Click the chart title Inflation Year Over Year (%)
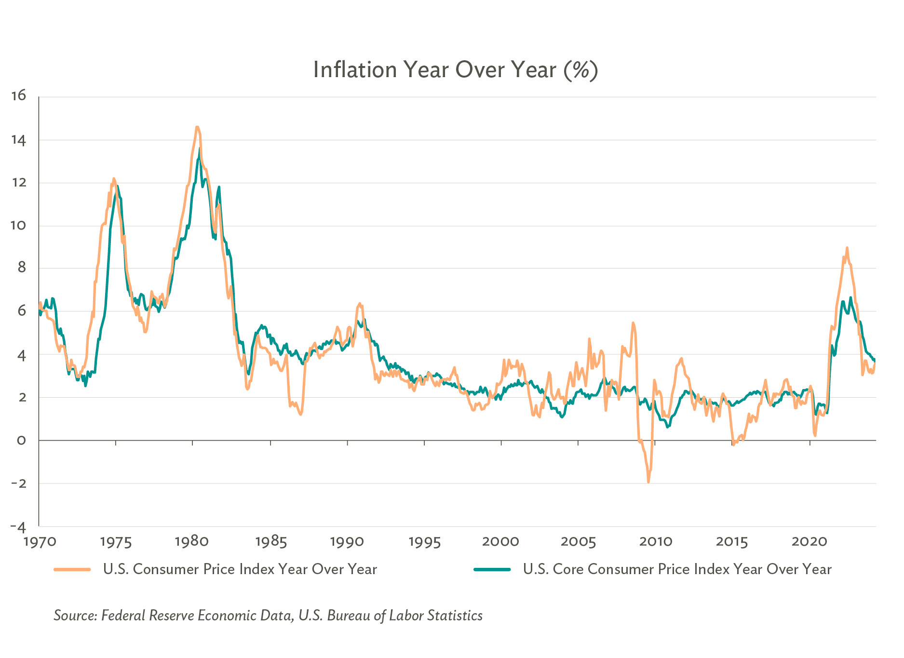click(455, 70)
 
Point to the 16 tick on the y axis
click(19, 96)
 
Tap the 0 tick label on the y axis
click(21, 440)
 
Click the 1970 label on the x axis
click(40, 542)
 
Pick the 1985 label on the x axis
click(271, 542)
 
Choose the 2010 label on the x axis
click(656, 542)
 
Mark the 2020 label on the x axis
click(810, 542)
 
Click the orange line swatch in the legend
click(72, 569)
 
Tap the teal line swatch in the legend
click(492, 569)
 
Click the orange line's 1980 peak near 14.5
click(197, 127)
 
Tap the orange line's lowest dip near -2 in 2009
click(648, 482)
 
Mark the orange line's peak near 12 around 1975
click(114, 178)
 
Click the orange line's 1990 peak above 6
click(359, 304)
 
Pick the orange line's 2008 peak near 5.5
click(633, 323)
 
